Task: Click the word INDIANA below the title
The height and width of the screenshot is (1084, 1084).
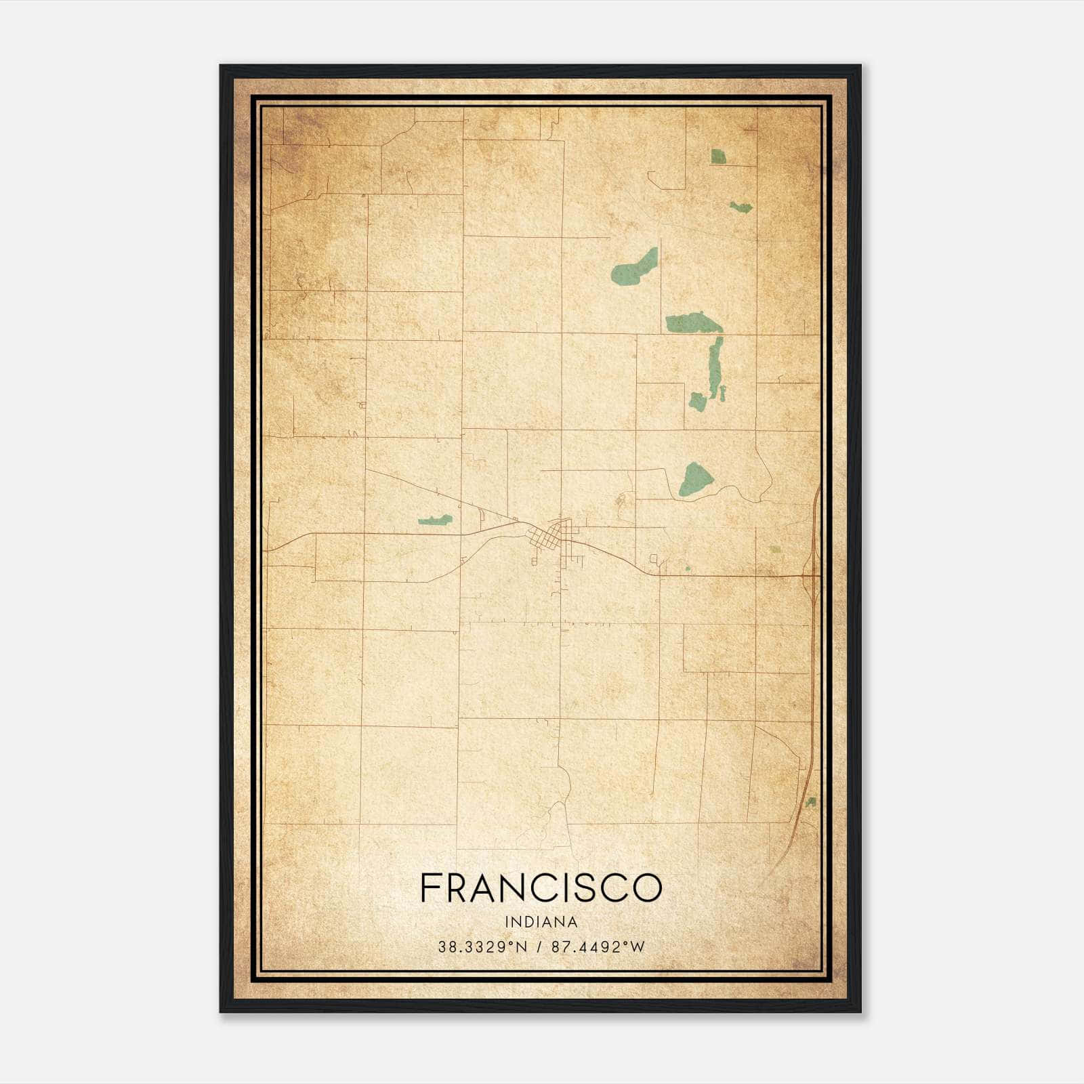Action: tap(541, 922)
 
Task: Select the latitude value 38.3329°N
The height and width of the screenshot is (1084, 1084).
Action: tap(482, 946)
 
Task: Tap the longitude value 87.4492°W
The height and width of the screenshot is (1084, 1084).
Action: tap(598, 946)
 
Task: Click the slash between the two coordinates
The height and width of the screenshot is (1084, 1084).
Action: tap(539, 946)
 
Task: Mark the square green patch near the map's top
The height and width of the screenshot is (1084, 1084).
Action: tap(718, 157)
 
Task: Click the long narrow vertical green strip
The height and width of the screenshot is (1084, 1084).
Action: tap(714, 366)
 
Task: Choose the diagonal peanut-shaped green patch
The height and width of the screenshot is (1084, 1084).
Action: tap(635, 266)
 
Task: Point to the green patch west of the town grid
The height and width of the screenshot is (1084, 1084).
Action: tap(435, 520)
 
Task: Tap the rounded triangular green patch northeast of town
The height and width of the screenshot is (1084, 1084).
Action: tap(696, 479)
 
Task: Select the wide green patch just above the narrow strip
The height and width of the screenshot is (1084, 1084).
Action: tap(694, 322)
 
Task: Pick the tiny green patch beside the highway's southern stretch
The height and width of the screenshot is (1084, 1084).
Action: tap(810, 802)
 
